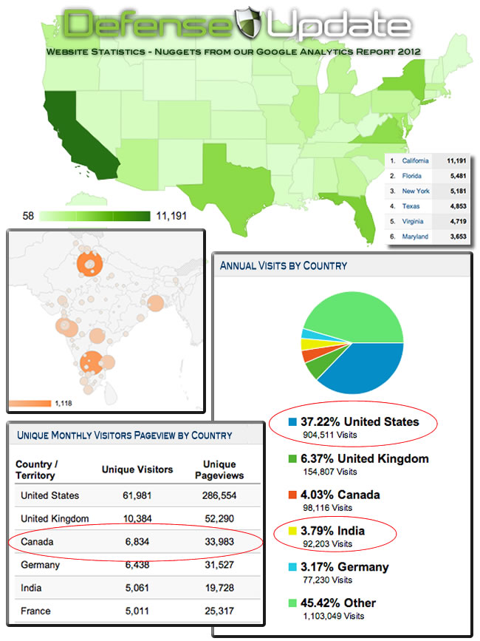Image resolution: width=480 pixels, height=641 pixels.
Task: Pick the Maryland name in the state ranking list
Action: point(415,237)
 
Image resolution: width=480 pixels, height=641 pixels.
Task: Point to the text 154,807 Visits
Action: point(329,472)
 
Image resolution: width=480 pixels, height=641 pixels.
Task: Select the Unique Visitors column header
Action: point(137,469)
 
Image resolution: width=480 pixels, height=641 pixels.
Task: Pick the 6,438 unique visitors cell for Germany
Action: point(137,565)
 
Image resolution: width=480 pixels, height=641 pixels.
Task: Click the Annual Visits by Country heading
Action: point(284,265)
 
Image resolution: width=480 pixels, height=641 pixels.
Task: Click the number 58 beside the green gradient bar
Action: point(29,217)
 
